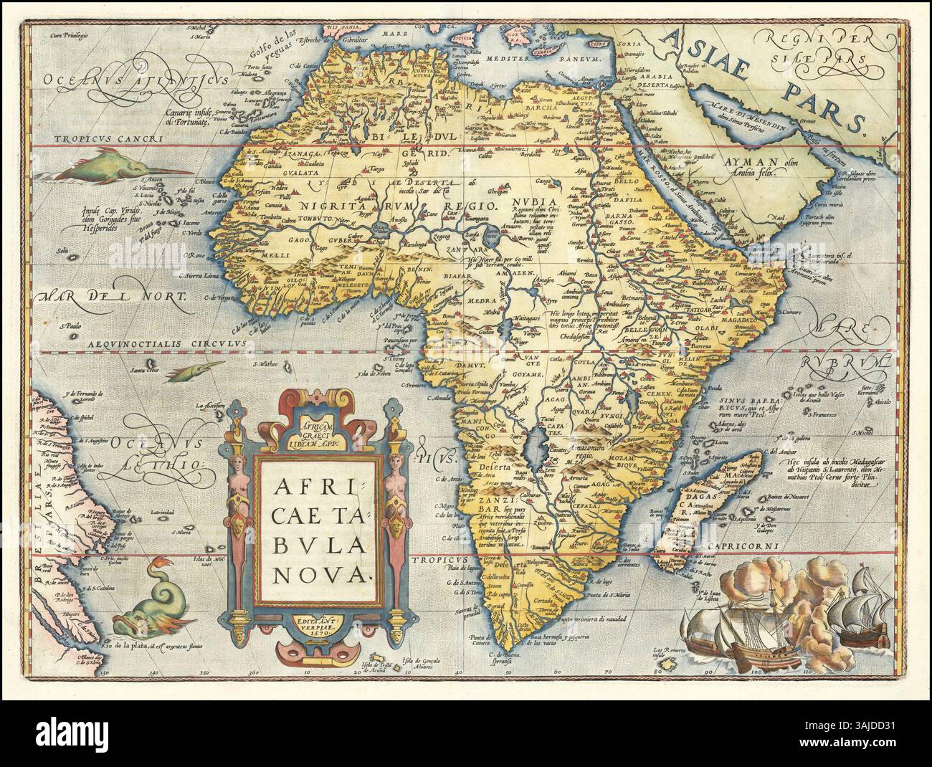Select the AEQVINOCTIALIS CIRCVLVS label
pos(168,344)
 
